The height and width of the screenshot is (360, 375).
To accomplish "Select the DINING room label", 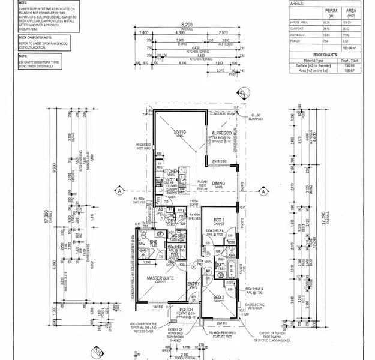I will [218, 184].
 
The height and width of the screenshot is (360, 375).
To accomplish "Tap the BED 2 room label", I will [218, 297].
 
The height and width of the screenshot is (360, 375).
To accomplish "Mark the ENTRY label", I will [193, 283].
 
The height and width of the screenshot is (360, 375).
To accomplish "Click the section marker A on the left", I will [120, 190].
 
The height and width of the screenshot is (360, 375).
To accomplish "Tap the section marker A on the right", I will [262, 190].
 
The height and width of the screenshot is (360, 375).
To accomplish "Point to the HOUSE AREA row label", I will [300, 21].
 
